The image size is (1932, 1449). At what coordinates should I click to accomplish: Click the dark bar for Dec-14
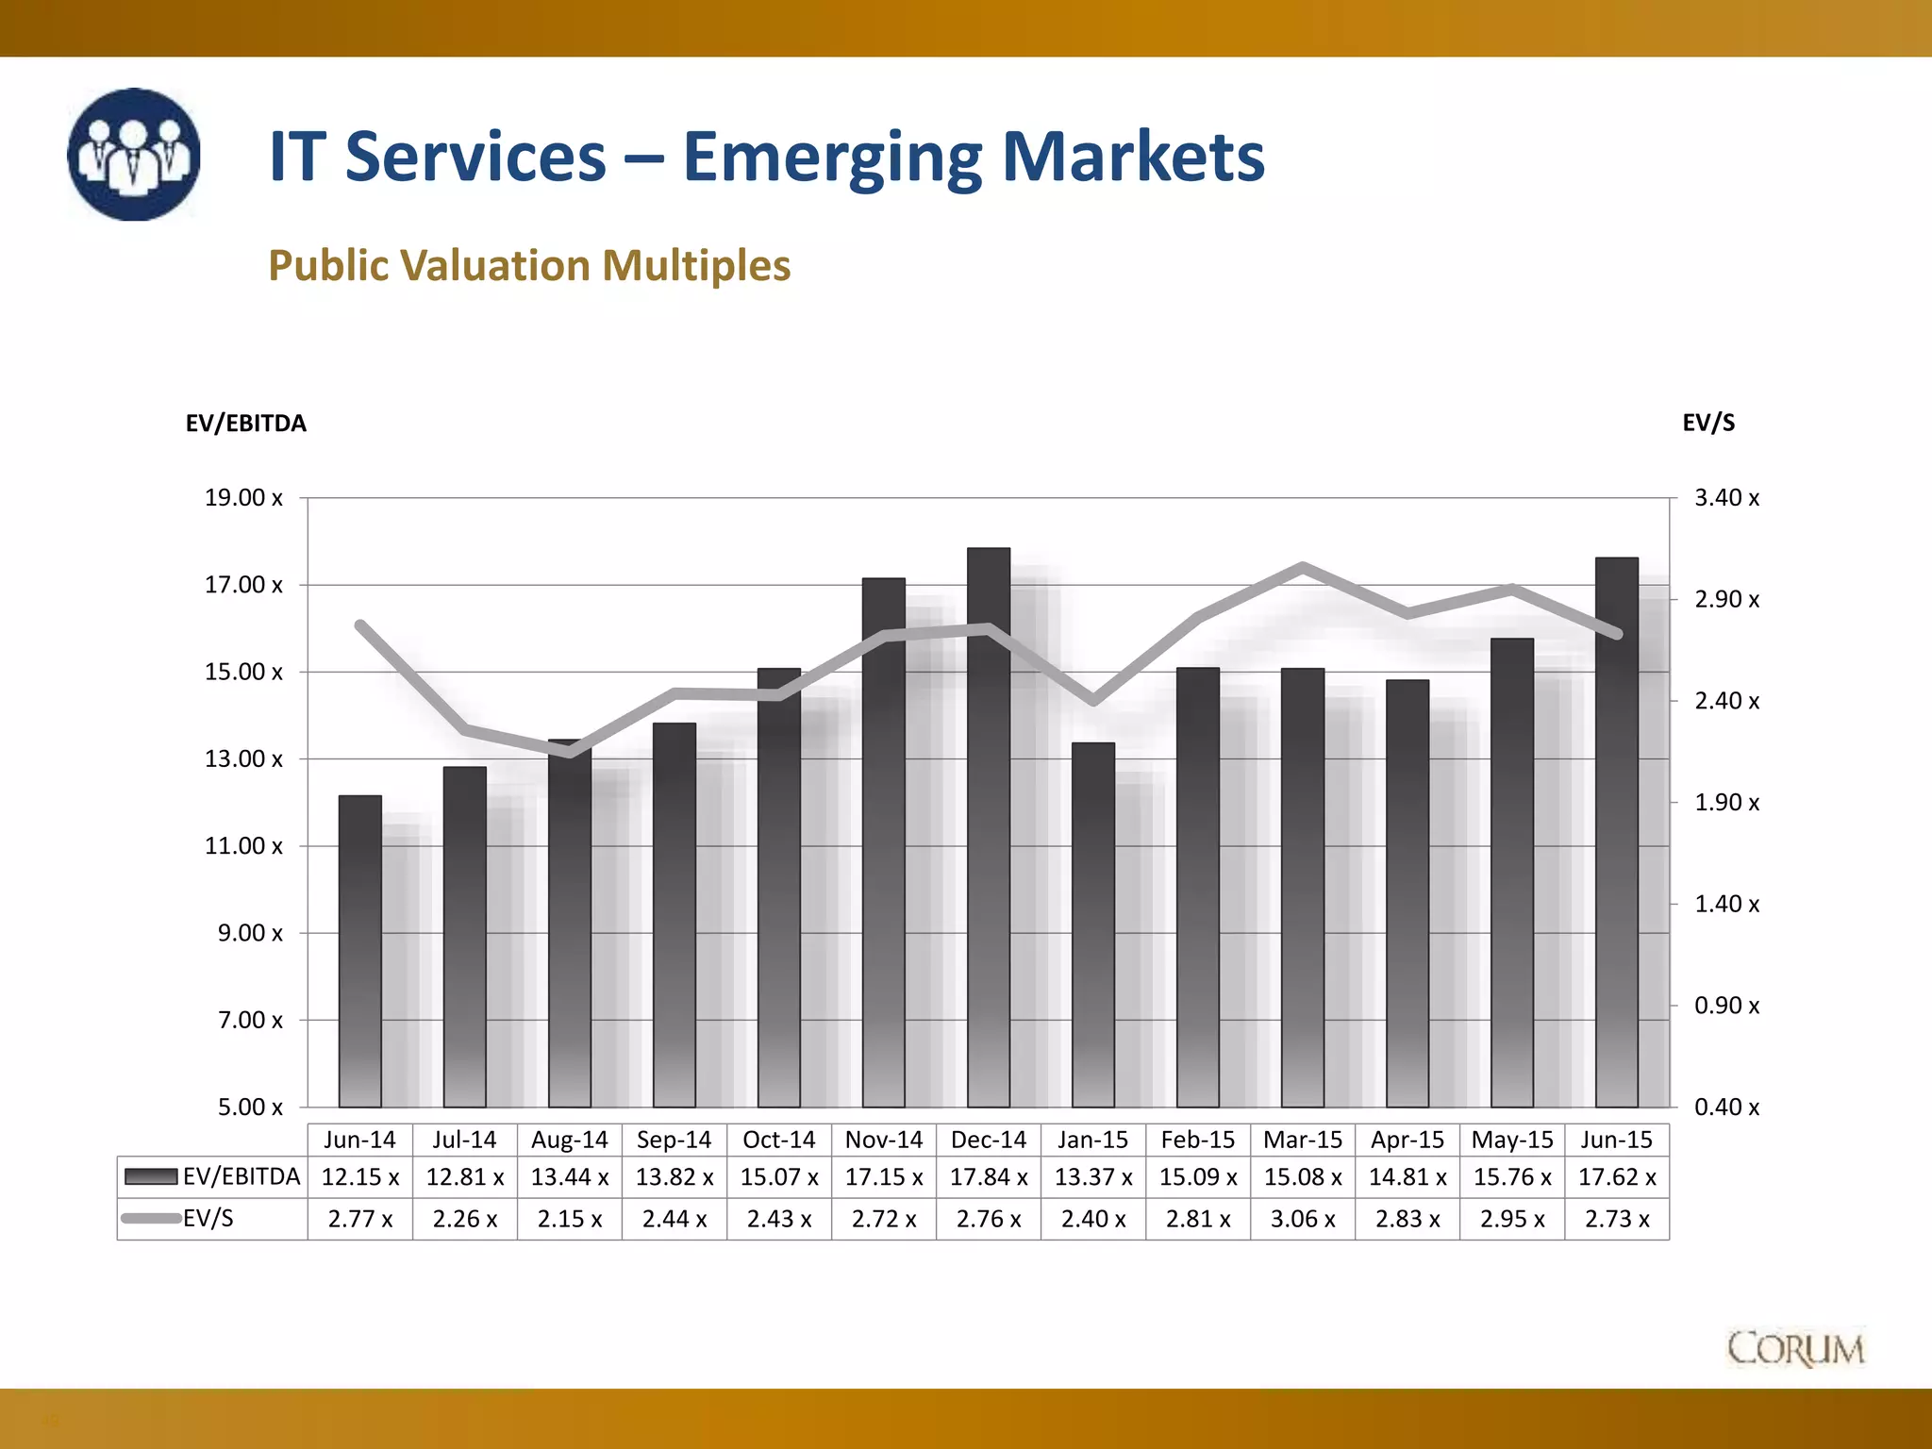(x=989, y=830)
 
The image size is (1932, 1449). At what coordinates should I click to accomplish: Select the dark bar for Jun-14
(x=359, y=953)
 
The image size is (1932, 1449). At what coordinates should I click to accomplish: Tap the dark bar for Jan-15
(x=1093, y=924)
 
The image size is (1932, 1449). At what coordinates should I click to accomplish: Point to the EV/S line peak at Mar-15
(x=1303, y=567)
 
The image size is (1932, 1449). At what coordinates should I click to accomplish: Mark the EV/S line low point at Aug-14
(x=570, y=752)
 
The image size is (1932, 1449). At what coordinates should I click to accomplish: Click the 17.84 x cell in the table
(x=989, y=1177)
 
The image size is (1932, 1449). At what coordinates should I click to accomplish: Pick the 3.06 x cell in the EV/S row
(x=1303, y=1219)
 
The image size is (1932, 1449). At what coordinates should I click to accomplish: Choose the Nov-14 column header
(x=884, y=1140)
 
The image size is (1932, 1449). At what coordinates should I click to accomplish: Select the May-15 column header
(x=1512, y=1140)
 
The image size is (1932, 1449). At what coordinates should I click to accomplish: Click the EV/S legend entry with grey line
(x=179, y=1219)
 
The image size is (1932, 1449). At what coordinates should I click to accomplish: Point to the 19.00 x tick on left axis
(x=243, y=498)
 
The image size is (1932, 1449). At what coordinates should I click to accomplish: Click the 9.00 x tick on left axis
(x=250, y=933)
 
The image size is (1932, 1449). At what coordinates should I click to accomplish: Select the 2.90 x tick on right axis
(x=1726, y=599)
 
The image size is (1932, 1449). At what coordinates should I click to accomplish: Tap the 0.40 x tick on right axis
(x=1726, y=1107)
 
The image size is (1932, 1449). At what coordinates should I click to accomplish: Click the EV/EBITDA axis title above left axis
(x=245, y=424)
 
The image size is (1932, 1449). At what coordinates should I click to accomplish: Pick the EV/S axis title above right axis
(x=1708, y=423)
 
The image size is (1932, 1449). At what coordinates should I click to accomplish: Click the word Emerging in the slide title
(x=831, y=158)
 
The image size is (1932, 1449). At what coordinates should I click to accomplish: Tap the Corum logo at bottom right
(x=1795, y=1349)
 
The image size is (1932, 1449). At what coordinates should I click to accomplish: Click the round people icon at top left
(x=134, y=155)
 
